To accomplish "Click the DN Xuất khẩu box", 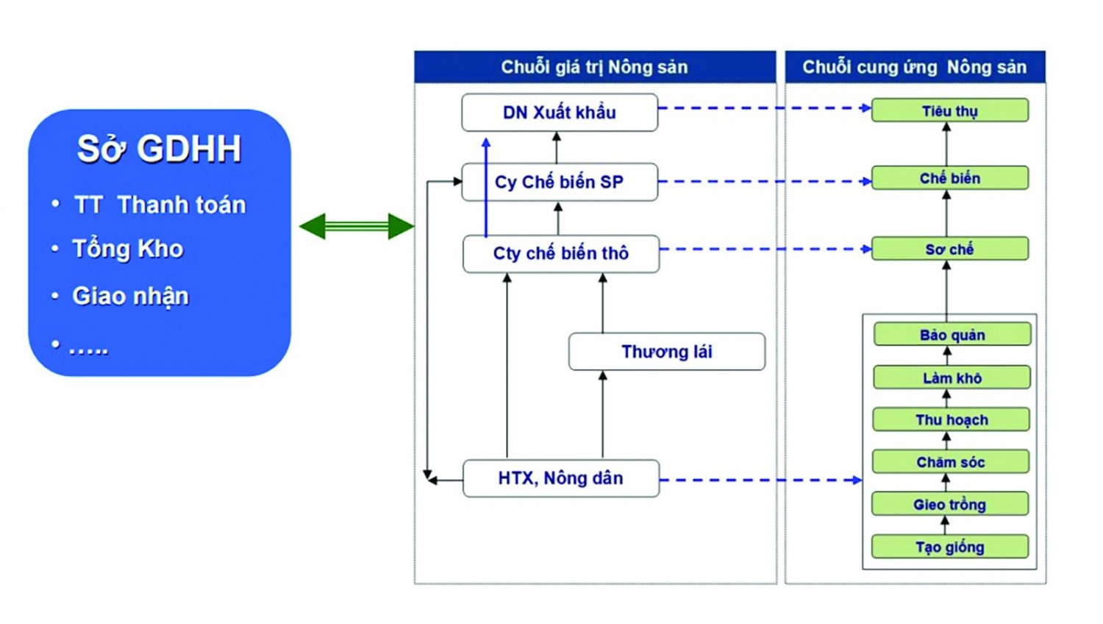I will pos(560,113).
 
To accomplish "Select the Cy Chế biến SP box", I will pos(560,182).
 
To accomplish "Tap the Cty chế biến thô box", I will pos(561,254).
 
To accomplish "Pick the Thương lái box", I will pos(667,352).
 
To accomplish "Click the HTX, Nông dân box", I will pos(561,478).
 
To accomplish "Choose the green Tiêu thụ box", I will pos(950,110).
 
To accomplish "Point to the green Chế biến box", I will pos(950,178).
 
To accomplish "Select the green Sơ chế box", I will pos(950,249).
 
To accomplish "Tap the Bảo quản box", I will pos(952,335).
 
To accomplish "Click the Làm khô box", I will pos(952,377).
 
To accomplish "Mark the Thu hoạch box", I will pos(952,419).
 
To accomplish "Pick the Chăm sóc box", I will pos(951,462).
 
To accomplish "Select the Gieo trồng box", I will pos(950,504).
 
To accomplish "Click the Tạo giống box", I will pos(950,547).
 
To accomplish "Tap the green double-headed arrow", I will pos(357,226).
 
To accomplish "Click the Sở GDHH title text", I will pos(160,149).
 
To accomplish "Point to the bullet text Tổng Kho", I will pos(128,249).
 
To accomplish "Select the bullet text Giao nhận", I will pos(131,296).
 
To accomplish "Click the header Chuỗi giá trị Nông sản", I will pos(595,67).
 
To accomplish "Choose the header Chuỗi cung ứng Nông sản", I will pos(915,67).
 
